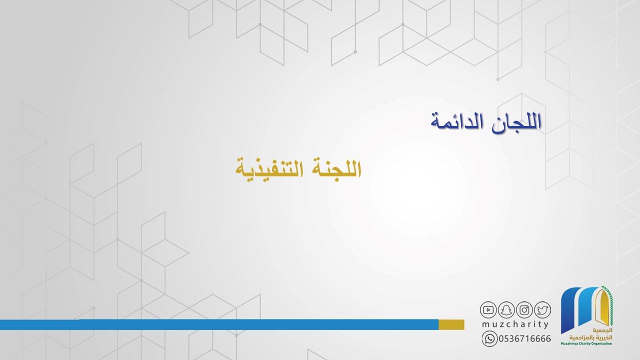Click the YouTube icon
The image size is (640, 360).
click(488, 310)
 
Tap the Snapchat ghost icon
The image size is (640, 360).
click(506, 310)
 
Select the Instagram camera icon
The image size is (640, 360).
click(524, 310)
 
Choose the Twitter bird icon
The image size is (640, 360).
click(542, 310)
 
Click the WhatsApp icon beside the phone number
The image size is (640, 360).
click(489, 339)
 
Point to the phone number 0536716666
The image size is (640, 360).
click(525, 339)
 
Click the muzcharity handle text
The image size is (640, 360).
click(515, 324)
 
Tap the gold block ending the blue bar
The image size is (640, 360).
click(451, 324)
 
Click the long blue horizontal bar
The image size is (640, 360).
click(219, 324)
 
